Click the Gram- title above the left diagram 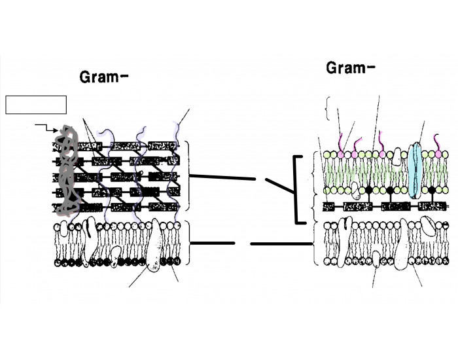coord(104,77)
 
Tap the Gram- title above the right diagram coord(351,67)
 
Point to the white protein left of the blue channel coord(397,156)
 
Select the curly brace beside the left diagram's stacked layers coord(187,177)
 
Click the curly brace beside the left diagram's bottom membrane coord(187,243)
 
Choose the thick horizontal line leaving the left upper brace coord(221,177)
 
